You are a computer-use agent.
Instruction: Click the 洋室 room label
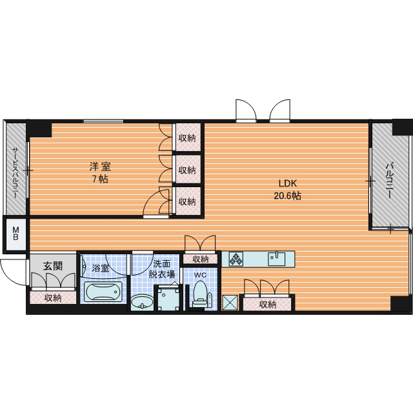click(100, 166)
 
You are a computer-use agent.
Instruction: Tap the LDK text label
click(288, 183)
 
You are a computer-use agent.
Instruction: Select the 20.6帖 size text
click(288, 196)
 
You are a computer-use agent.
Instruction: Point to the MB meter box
click(15, 234)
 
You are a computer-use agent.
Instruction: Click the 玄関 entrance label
click(53, 267)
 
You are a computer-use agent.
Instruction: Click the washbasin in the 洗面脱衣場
click(142, 302)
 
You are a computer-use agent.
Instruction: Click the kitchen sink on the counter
click(277, 259)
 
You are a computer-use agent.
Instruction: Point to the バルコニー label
click(389, 181)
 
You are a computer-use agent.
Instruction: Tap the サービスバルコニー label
click(15, 174)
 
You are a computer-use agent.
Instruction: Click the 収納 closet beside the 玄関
click(53, 297)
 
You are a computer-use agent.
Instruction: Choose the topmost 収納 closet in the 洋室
click(187, 137)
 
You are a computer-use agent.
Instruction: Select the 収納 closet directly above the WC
click(201, 259)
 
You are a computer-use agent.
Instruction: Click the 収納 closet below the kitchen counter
click(267, 305)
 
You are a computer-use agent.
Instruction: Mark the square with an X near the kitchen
click(230, 303)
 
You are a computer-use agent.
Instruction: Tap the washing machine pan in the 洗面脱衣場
click(169, 299)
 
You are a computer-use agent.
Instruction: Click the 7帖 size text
click(100, 179)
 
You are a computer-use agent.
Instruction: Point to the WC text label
click(201, 275)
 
